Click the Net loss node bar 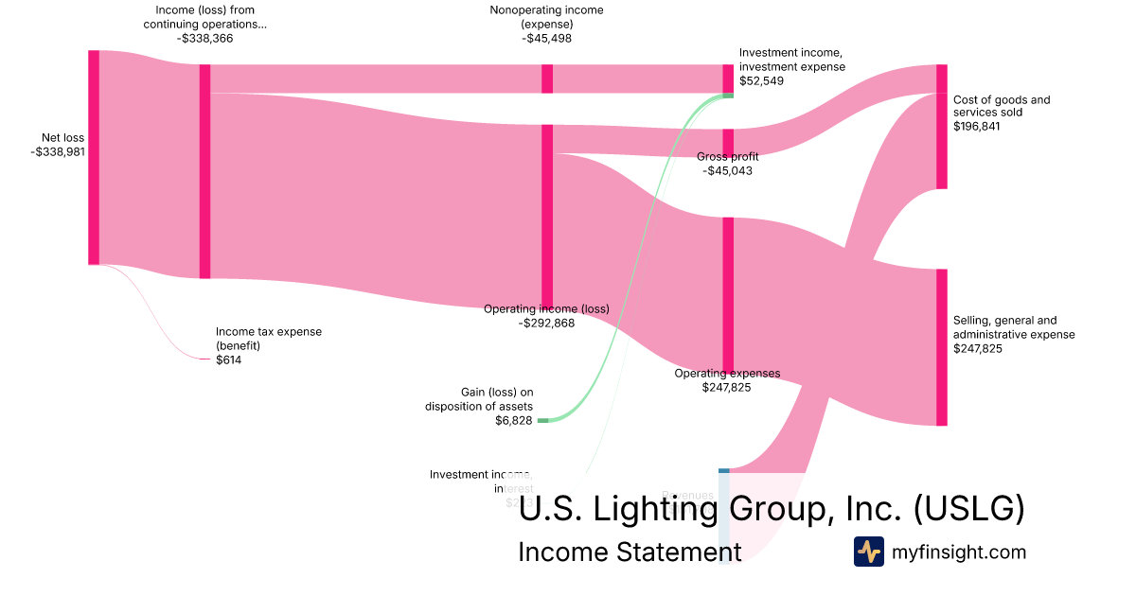[x=94, y=157]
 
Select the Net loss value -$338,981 [x=58, y=150]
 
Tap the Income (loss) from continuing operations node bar [x=204, y=171]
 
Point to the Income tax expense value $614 [x=229, y=359]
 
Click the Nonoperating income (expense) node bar [x=547, y=79]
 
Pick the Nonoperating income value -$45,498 [x=546, y=39]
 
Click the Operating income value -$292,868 [x=546, y=323]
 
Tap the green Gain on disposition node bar [x=542, y=420]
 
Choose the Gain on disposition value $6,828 [x=514, y=420]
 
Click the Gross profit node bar [x=728, y=142]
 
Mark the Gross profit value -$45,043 [x=728, y=171]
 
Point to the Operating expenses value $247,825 [x=727, y=387]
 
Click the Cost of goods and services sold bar [x=941, y=127]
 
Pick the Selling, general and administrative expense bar [x=941, y=347]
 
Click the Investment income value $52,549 [x=762, y=80]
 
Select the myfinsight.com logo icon [x=868, y=552]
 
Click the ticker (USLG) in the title [x=969, y=509]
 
